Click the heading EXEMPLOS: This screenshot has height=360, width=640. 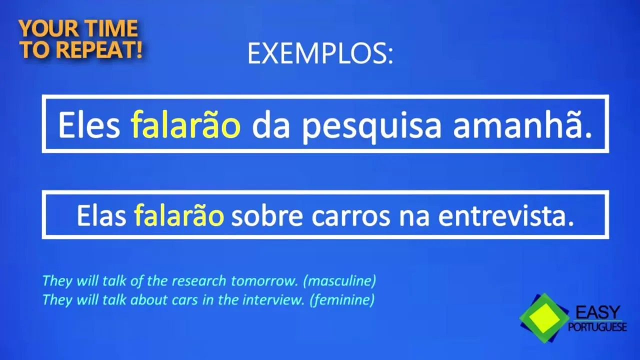tap(320, 53)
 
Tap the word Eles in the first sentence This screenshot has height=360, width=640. tap(89, 125)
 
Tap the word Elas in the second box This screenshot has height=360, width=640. tap(101, 215)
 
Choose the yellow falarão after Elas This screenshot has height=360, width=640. tap(179, 215)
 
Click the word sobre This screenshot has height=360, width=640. tap(267, 215)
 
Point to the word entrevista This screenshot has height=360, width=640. tap(506, 215)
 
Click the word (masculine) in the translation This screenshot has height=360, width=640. tap(339, 281)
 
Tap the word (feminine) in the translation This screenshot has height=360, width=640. tap(341, 299)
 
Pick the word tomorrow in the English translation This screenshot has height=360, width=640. tap(264, 281)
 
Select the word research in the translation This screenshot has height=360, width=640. tap(198, 281)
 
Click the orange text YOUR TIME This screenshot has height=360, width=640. tap(78, 28)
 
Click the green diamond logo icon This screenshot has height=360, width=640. tap(544, 317)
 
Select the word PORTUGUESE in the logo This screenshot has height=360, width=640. tap(597, 326)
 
